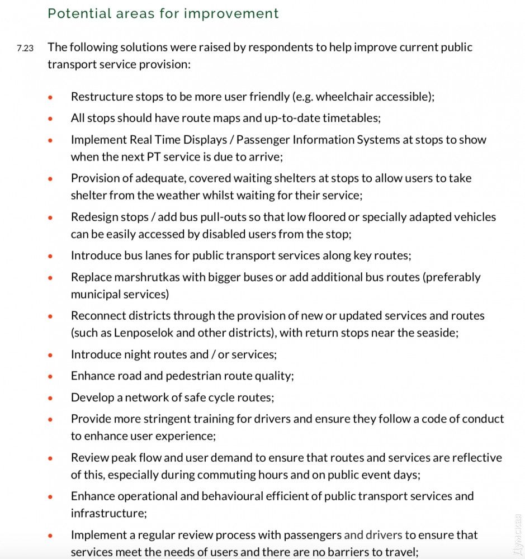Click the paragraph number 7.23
[25, 48]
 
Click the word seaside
[437, 333]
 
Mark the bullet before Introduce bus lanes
[50, 256]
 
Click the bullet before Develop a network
[50, 399]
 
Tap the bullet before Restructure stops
[50, 97]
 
